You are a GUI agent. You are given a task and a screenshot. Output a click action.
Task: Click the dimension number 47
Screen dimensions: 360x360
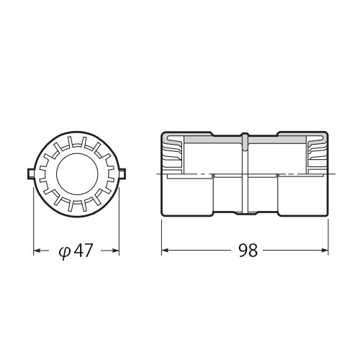coord(82,251)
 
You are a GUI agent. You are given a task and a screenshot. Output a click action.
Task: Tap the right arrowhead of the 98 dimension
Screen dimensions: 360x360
coord(327,251)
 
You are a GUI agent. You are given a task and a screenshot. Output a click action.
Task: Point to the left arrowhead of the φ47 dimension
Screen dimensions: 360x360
coord(37,251)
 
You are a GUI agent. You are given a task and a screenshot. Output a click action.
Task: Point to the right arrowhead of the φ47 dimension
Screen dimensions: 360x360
coord(115,251)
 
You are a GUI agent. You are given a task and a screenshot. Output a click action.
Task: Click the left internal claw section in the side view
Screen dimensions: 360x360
coord(173,155)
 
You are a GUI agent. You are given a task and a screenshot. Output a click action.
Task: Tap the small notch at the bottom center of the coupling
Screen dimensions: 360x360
coord(246,213)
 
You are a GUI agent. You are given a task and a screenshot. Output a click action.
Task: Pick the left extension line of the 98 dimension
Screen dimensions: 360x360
coord(161,234)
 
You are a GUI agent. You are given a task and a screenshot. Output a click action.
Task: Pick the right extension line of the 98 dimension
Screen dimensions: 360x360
coord(330,234)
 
